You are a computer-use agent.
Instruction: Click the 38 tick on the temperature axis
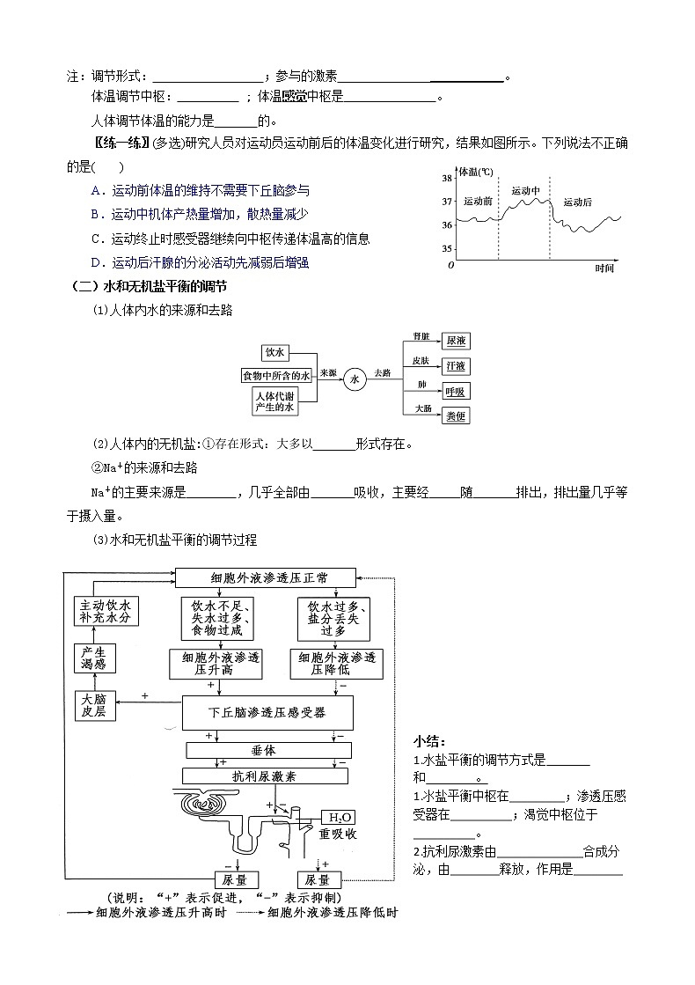click(x=446, y=179)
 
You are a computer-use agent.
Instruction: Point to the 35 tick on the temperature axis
click(x=446, y=248)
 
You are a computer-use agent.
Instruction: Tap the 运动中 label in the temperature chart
click(x=525, y=191)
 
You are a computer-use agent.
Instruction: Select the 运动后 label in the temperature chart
click(x=577, y=202)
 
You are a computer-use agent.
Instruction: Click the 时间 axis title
click(x=604, y=268)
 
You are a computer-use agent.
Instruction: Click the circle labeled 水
click(x=355, y=379)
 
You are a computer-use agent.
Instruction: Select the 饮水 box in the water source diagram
click(x=275, y=352)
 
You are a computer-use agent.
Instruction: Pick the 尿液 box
click(x=456, y=340)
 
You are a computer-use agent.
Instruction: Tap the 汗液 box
click(x=456, y=365)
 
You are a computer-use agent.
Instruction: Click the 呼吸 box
click(x=456, y=391)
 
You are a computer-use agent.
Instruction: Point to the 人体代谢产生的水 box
click(x=275, y=401)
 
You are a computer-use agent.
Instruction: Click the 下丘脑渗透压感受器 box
click(x=267, y=712)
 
